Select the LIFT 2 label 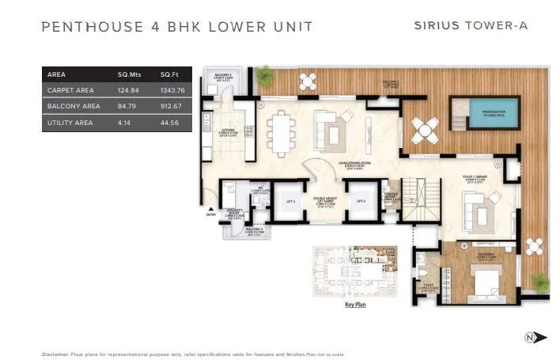(x=361, y=201)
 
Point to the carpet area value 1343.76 (x=172, y=90)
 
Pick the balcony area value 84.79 (x=130, y=106)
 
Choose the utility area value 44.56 (x=171, y=123)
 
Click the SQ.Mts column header (x=130, y=74)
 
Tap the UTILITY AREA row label (x=70, y=123)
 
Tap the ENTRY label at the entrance (x=210, y=214)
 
